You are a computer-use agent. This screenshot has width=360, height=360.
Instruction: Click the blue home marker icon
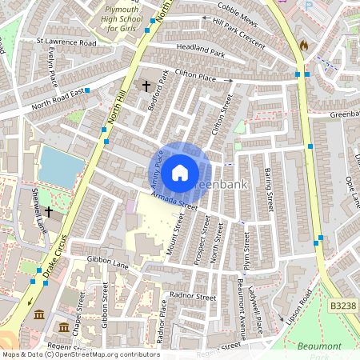tap(181, 172)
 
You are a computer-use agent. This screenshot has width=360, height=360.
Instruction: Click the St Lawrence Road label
tap(66, 42)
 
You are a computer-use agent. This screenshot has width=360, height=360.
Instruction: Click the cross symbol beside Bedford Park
tap(146, 85)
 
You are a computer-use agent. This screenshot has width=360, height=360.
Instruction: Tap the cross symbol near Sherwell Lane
tap(49, 212)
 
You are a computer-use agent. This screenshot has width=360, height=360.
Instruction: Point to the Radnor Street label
tap(194, 296)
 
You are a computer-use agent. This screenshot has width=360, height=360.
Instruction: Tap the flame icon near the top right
tap(303, 46)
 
